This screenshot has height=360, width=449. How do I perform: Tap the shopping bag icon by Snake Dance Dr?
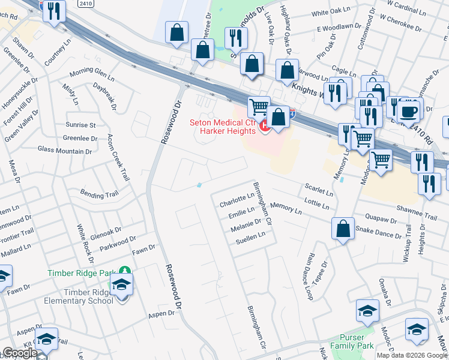(343, 229)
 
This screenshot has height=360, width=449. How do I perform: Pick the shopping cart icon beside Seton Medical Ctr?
(259, 107)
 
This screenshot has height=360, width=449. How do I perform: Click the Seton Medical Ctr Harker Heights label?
(223, 127)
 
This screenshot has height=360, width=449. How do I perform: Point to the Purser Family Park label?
(356, 341)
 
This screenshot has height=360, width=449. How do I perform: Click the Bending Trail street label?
(100, 194)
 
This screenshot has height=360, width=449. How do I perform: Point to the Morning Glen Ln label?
(92, 74)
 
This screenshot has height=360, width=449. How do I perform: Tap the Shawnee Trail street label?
(417, 212)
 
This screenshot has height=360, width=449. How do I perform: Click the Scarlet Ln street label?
(319, 190)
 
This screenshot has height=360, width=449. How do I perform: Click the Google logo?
(20, 353)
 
